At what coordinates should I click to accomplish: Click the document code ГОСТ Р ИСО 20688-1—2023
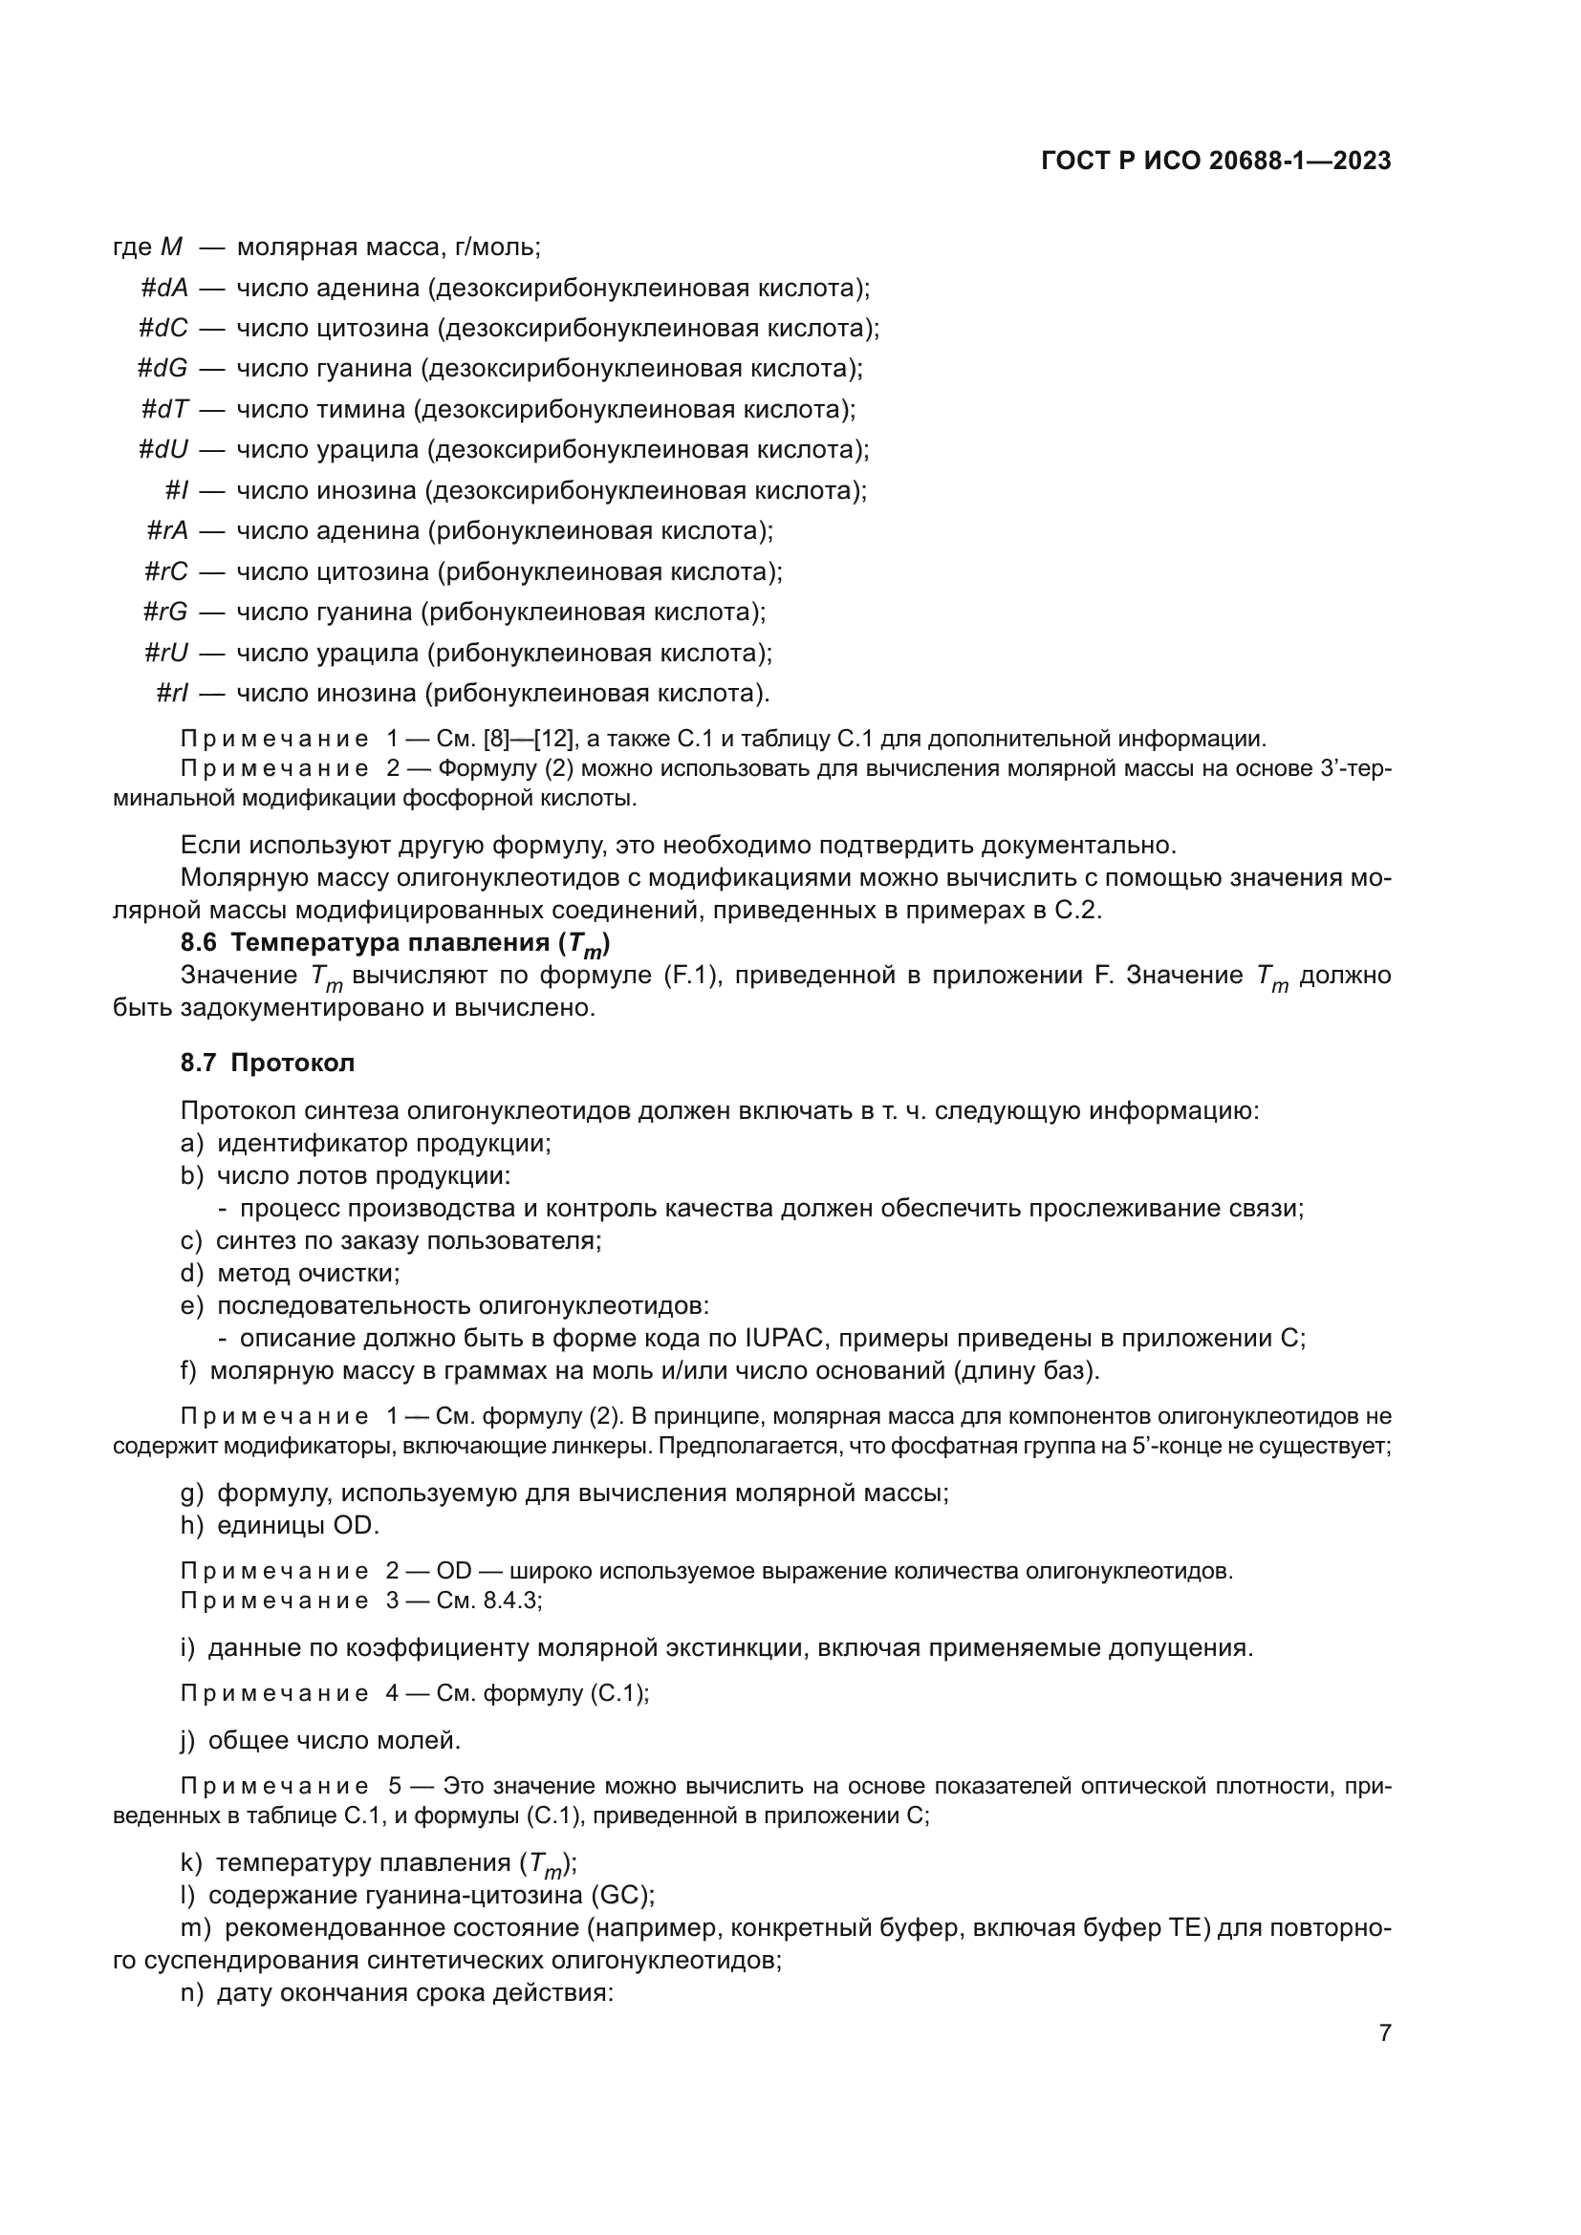pyautogui.click(x=1215, y=161)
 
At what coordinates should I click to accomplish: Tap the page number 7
pyautogui.click(x=1384, y=2032)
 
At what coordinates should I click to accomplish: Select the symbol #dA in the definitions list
pyautogui.click(x=164, y=289)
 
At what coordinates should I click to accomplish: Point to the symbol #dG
pyautogui.click(x=162, y=369)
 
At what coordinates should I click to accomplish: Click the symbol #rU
pyautogui.click(x=165, y=653)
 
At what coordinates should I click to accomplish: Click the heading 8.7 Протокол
pyautogui.click(x=268, y=1063)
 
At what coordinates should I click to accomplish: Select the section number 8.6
pyautogui.click(x=200, y=942)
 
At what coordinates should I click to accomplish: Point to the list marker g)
pyautogui.click(x=192, y=1493)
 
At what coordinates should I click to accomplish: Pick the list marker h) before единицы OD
pyautogui.click(x=192, y=1525)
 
